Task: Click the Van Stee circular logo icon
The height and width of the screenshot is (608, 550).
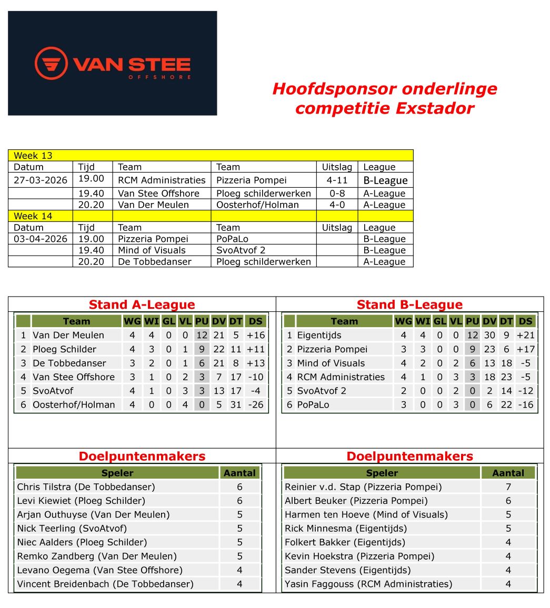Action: coord(51,64)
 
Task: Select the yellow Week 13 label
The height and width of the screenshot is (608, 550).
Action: coord(33,156)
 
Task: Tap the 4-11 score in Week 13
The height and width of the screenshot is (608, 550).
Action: coord(337,180)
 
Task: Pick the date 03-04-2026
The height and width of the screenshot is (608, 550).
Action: coord(41,239)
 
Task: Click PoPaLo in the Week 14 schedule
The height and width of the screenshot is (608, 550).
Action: coord(232,239)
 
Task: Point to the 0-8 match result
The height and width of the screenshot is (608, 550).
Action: coord(337,193)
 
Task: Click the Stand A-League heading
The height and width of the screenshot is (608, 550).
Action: coord(142,305)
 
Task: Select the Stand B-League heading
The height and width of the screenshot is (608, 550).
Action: coord(409,305)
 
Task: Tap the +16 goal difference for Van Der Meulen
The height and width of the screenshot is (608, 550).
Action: coord(255,335)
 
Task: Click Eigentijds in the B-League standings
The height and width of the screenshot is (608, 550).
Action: coord(319,335)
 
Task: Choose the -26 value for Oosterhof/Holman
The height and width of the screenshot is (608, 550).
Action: coord(255,404)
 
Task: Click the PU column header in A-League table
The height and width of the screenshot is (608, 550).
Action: coord(202,321)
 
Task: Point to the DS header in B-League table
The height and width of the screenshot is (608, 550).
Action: coord(525,321)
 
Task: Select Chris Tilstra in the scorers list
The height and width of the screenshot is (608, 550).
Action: coord(86,487)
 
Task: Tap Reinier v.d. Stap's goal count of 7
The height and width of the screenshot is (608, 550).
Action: coord(508,487)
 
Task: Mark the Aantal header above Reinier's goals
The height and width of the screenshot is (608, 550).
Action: coord(508,473)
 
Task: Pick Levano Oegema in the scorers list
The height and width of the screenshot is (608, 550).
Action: coord(99,570)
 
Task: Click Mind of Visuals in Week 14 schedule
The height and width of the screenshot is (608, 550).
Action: coord(152,250)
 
